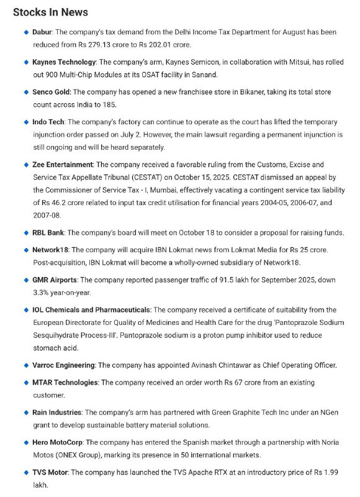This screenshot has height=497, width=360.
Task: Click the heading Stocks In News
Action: tap(50, 12)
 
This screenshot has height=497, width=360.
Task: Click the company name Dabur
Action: tap(43, 31)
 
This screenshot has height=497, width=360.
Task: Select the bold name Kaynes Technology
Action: tap(64, 62)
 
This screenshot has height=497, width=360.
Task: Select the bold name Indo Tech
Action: tap(48, 122)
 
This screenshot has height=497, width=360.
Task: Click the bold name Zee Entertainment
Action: tap(63, 165)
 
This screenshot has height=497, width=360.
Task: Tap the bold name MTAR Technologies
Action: tap(65, 382)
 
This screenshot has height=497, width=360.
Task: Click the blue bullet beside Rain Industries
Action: tap(26, 412)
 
